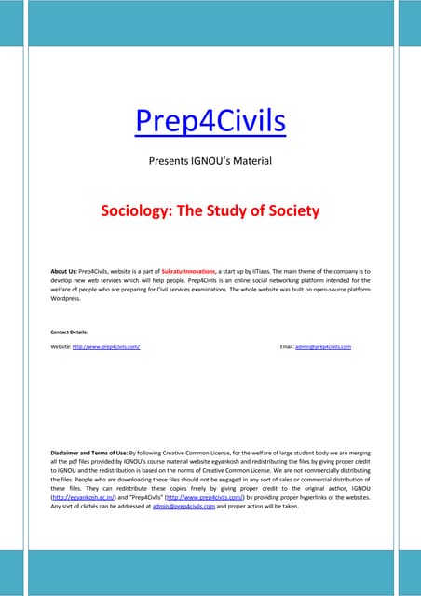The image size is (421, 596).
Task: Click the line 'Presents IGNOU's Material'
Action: click(x=210, y=162)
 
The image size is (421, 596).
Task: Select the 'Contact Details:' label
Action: click(x=71, y=331)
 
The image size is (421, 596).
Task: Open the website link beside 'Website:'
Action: click(x=106, y=346)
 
